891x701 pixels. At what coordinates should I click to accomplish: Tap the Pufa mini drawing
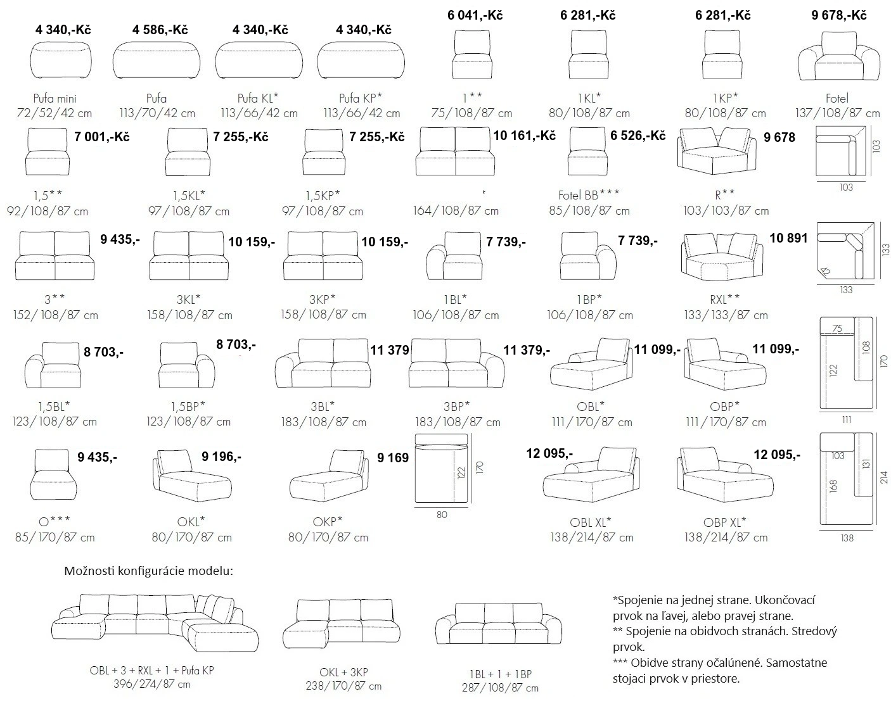click(x=61, y=61)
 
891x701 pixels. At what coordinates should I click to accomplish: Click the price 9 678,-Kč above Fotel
click(x=838, y=15)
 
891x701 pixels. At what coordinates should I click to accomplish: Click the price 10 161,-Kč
click(x=523, y=136)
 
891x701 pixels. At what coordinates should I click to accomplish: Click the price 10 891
click(x=788, y=238)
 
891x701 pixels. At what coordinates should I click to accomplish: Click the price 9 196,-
click(x=221, y=456)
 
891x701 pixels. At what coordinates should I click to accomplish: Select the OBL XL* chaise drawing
click(x=587, y=476)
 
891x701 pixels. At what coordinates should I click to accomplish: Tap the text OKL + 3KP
click(x=343, y=673)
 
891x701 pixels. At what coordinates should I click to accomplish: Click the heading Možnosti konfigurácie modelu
click(x=149, y=571)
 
